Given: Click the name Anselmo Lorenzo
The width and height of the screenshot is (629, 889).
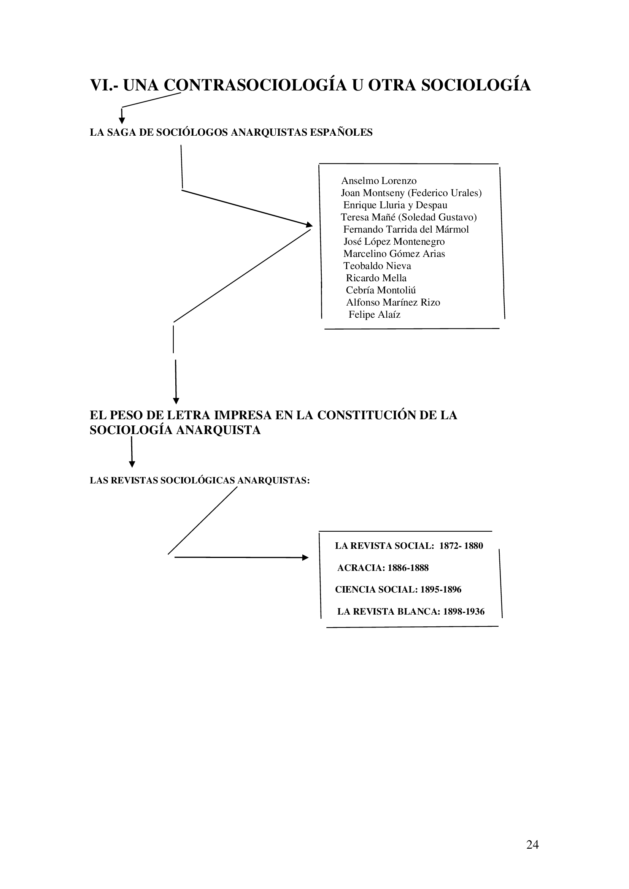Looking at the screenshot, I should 378,181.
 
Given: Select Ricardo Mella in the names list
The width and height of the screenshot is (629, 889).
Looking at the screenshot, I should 376,278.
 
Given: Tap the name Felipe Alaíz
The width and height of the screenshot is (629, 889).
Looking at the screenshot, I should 374,314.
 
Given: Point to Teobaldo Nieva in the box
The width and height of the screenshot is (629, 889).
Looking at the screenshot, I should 377,266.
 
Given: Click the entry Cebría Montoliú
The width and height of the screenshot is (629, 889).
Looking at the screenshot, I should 381,290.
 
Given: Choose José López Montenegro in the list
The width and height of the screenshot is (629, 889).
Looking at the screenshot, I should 394,242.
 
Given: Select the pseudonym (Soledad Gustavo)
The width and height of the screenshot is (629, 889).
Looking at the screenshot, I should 437,217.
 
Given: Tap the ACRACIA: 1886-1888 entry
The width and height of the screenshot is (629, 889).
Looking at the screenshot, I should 383,568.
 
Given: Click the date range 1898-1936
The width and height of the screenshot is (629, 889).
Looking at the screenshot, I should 464,612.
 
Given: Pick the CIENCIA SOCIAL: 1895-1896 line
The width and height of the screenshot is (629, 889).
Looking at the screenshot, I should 398,590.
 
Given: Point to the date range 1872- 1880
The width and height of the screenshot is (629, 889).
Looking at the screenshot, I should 461,546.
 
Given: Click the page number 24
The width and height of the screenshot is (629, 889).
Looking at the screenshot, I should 532,845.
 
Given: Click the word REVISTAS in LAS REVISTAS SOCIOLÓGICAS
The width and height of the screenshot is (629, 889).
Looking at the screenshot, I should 134,480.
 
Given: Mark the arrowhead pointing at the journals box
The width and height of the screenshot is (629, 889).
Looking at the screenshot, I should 305,558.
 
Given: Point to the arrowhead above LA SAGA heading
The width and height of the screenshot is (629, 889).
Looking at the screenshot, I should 122,121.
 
